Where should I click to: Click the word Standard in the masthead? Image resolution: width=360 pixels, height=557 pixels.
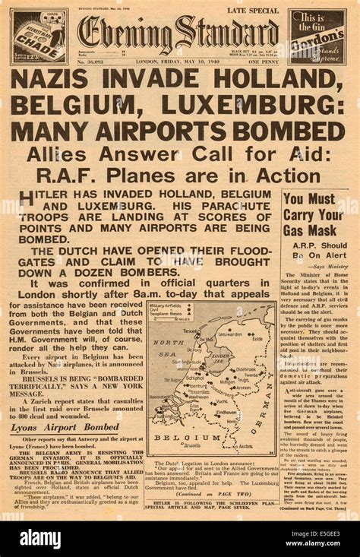(228, 33)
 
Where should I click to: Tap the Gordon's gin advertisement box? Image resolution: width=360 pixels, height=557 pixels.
(317, 36)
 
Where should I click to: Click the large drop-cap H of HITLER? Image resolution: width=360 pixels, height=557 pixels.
(27, 199)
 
